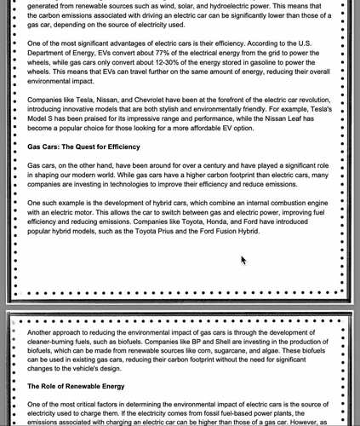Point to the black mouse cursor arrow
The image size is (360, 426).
pyautogui.click(x=243, y=259)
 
